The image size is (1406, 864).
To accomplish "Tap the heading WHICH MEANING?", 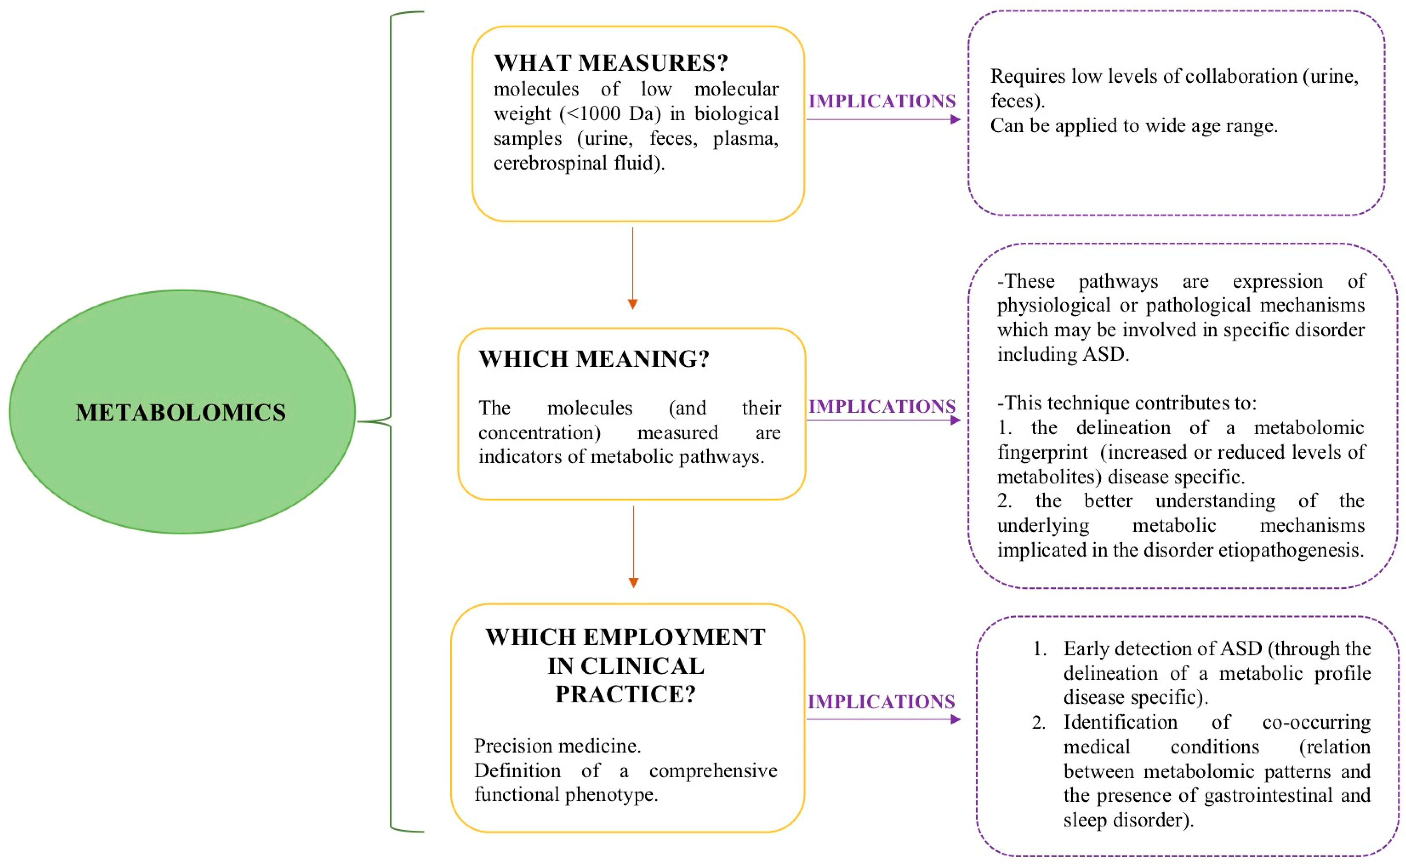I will point(594,359).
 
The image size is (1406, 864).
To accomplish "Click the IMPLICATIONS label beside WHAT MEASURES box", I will point(881,101).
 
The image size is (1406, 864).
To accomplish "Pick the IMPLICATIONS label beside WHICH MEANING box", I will point(881,406).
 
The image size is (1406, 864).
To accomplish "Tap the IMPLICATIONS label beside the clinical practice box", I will point(881,702).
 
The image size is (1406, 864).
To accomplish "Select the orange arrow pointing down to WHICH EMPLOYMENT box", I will point(633,546).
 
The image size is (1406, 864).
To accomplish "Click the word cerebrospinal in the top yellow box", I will point(549,163).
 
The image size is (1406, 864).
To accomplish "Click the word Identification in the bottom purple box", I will point(1120,722).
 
